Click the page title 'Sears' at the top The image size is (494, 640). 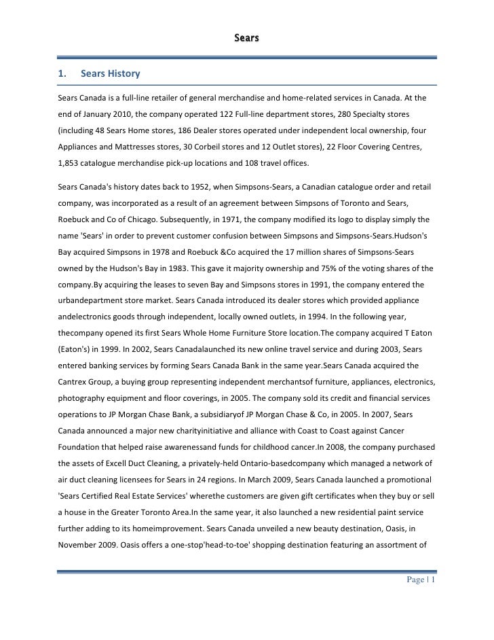[246, 37]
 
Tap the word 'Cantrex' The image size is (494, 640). [75, 383]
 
